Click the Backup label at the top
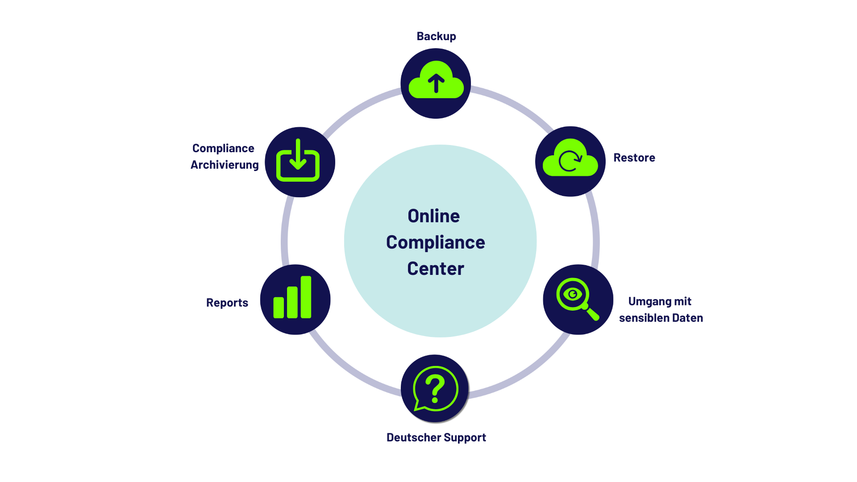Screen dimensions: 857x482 coord(436,37)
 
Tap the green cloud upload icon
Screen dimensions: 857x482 coord(436,80)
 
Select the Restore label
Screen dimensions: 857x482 coord(634,158)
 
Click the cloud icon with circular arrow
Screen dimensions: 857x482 coord(570,158)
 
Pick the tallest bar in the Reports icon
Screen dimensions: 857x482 coord(306,297)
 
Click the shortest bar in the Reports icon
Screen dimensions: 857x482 coord(279,308)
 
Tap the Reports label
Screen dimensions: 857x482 coord(227,303)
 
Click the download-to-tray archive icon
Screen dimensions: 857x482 coord(298,160)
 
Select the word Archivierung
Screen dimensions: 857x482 coord(225,165)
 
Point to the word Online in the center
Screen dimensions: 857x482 coord(433,216)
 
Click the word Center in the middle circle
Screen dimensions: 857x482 coord(436,269)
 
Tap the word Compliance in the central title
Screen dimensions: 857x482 coord(436,243)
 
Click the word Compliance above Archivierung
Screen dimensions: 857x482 coord(223,149)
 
